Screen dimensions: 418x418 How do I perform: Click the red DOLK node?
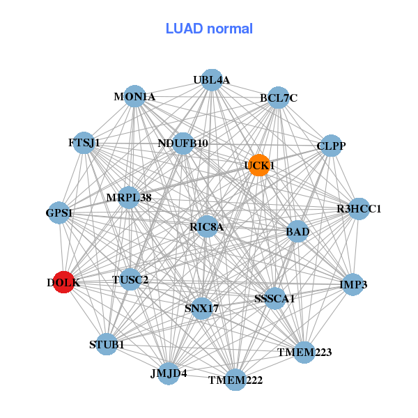(63, 282)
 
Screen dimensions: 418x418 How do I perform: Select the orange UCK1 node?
(259, 165)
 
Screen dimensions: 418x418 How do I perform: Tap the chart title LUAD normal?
(209, 29)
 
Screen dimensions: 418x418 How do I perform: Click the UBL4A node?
(211, 80)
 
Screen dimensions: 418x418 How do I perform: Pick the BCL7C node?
(279, 98)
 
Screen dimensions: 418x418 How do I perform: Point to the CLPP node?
(331, 146)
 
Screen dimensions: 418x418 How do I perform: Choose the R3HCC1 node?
(359, 209)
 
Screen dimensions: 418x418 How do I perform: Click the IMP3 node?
(353, 284)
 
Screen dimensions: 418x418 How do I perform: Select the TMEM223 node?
(304, 352)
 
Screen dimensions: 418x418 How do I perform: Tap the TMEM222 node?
(235, 380)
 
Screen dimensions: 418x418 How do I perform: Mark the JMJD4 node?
(169, 373)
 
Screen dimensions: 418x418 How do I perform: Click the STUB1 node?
(107, 344)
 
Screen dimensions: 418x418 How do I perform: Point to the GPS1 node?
(59, 213)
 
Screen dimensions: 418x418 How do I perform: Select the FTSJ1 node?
(84, 143)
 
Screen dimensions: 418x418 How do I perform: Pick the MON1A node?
(134, 97)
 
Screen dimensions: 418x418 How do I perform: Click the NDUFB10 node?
(183, 144)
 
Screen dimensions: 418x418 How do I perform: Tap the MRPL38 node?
(129, 198)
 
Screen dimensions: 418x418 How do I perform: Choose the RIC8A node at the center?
(207, 226)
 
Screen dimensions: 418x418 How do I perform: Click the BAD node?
(297, 231)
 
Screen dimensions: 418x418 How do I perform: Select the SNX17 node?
(202, 308)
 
